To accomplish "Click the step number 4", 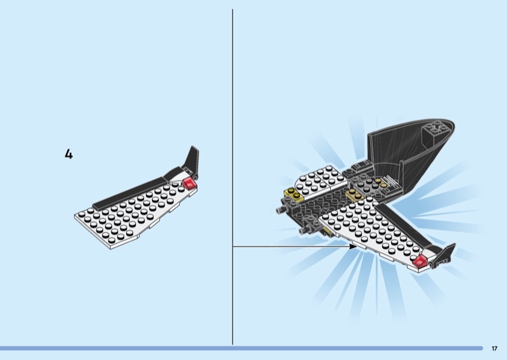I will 68,154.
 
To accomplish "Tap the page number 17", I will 494,348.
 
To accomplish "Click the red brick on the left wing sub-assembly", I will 190,183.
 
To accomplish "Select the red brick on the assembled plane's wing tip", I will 420,260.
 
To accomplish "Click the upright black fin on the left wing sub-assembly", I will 192,162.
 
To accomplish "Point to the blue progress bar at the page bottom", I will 241,348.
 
